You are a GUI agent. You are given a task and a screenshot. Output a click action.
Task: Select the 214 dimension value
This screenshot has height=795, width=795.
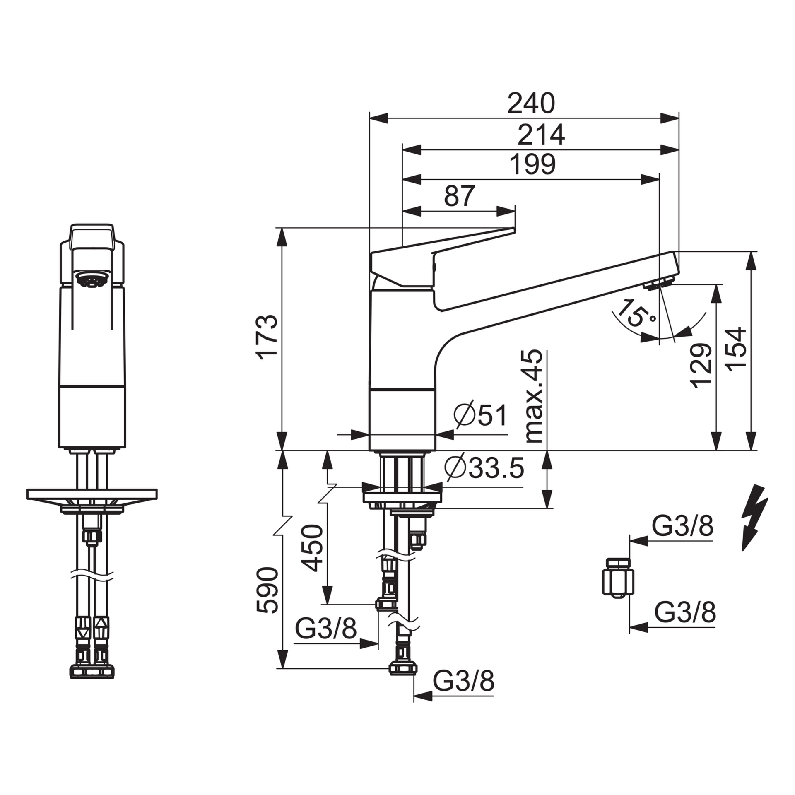[x=541, y=134]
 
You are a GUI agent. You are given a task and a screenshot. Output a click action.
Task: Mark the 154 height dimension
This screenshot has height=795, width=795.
[x=736, y=349]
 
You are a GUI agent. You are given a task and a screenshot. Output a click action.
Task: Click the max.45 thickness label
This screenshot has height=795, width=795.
[x=534, y=396]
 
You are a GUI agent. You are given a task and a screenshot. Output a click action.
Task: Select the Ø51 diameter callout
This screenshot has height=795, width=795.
[x=480, y=415]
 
